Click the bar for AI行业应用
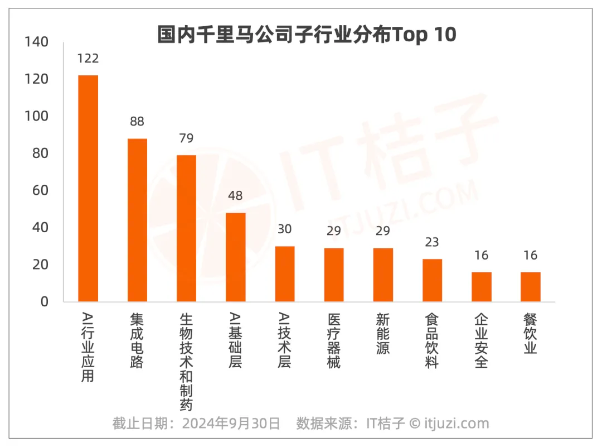pyautogui.click(x=88, y=188)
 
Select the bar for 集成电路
pyautogui.click(x=137, y=220)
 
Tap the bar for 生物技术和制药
pyautogui.click(x=186, y=228)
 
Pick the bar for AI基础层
pyautogui.click(x=235, y=257)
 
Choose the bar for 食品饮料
pyautogui.click(x=432, y=280)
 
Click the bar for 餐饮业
pyautogui.click(x=530, y=287)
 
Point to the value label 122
pyautogui.click(x=88, y=59)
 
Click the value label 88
pyautogui.click(x=137, y=122)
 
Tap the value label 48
pyautogui.click(x=235, y=196)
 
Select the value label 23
pyautogui.click(x=432, y=242)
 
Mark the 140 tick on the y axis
pyautogui.click(x=37, y=42)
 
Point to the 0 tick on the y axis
pyautogui.click(x=45, y=302)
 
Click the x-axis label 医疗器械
pyautogui.click(x=334, y=340)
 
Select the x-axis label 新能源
pyautogui.click(x=383, y=334)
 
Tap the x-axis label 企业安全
pyautogui.click(x=481, y=340)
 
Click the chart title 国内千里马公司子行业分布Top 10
pyautogui.click(x=307, y=35)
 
